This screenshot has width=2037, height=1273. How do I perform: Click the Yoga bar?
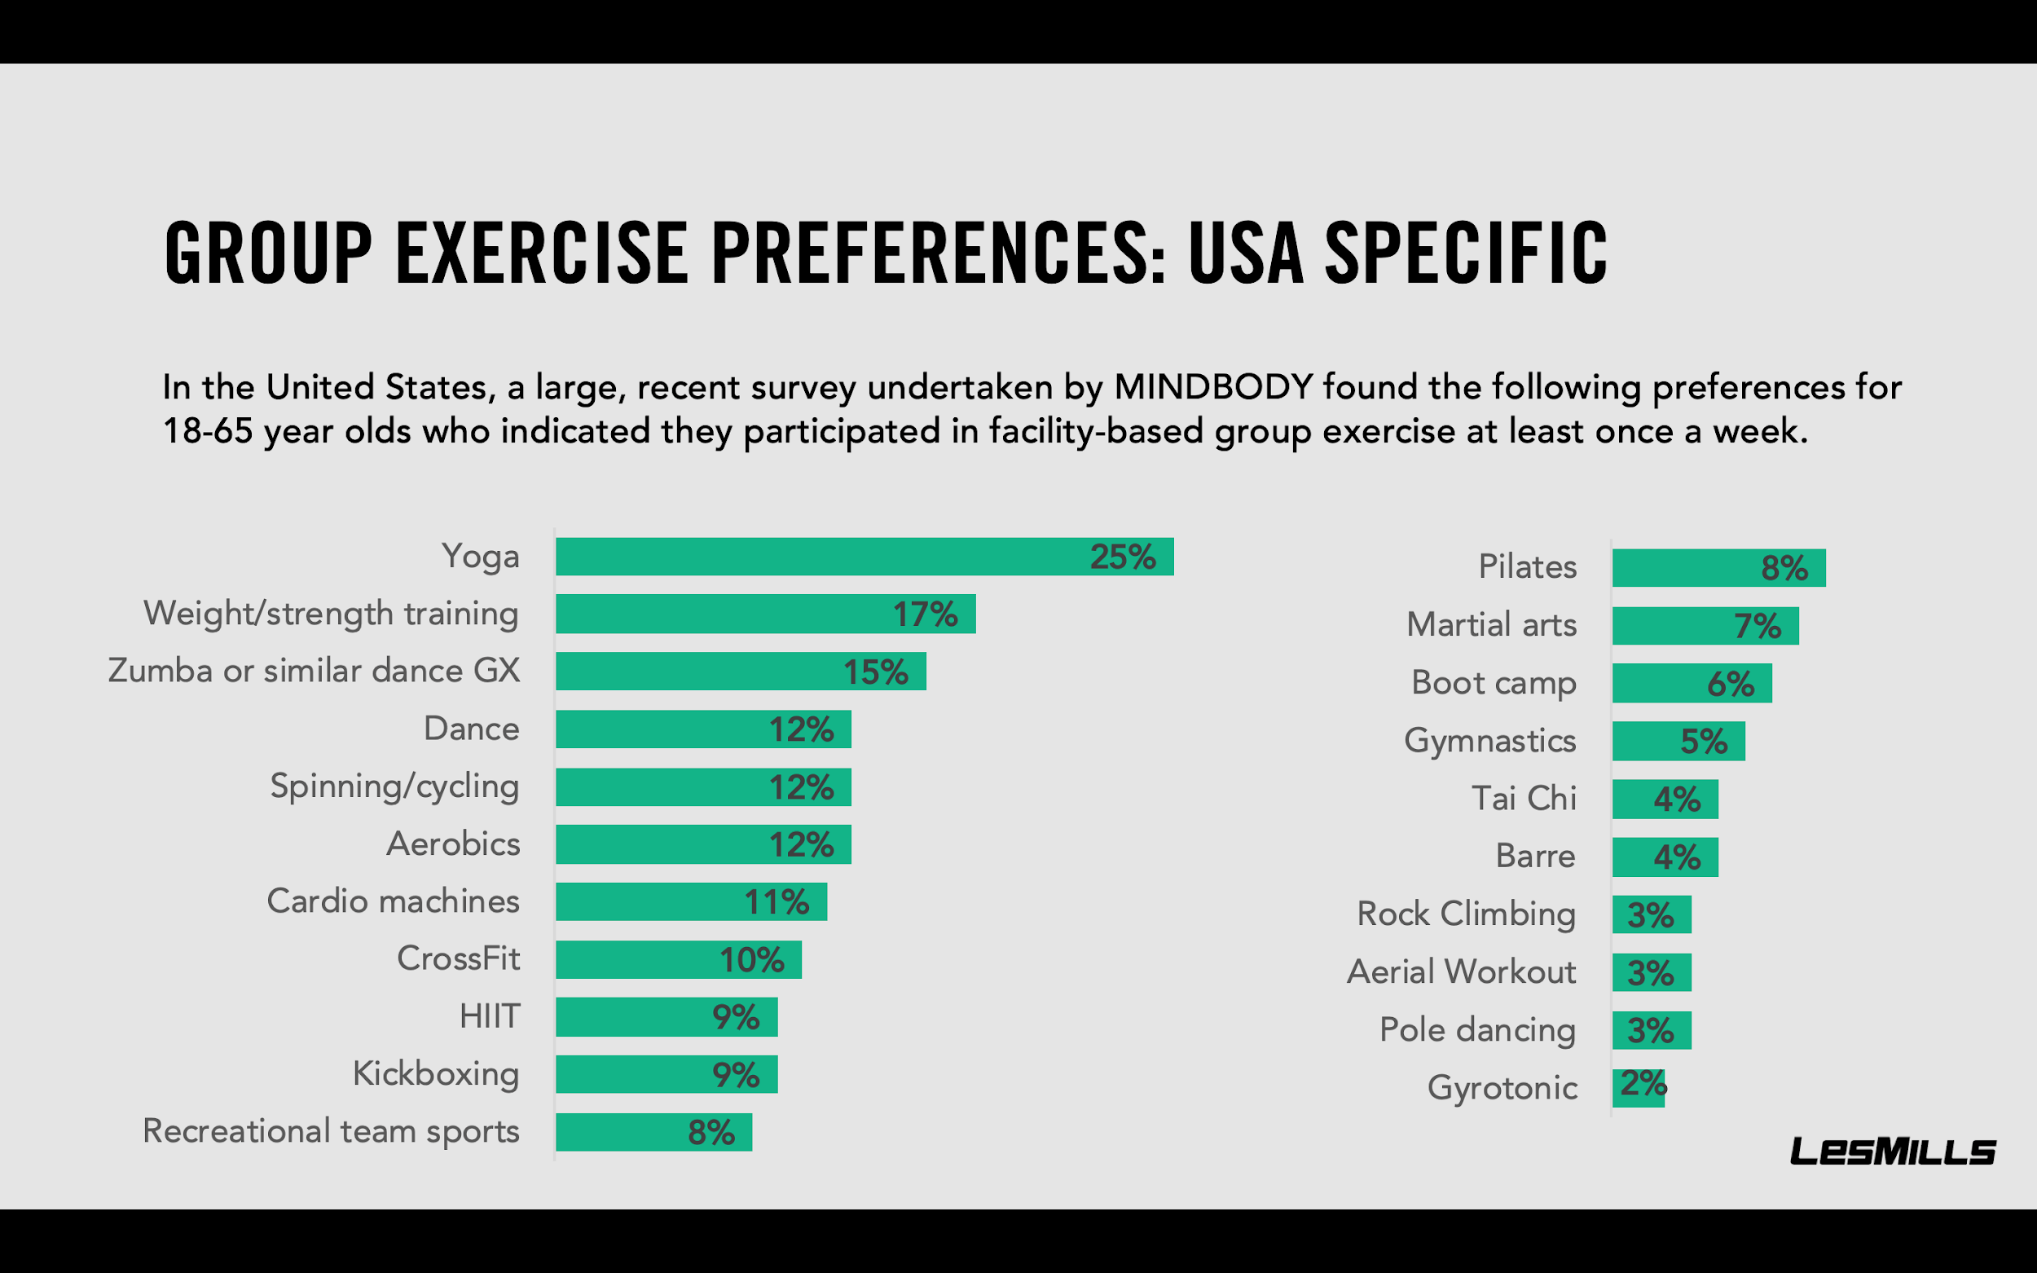coord(864,557)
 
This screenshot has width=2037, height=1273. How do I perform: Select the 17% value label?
coord(924,614)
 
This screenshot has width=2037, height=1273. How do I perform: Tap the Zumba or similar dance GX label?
coord(313,671)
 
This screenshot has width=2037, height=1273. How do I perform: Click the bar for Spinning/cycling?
coord(703,787)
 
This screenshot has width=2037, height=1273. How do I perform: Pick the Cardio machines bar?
coord(690,901)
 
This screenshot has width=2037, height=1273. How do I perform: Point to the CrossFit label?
coord(458,959)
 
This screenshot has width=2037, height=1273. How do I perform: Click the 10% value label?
coord(750,960)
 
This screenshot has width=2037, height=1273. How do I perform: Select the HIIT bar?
coord(666,1017)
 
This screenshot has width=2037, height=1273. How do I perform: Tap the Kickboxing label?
coord(435,1074)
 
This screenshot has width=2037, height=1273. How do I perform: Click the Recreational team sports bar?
coord(653,1132)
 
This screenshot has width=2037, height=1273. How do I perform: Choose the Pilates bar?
coord(1718,567)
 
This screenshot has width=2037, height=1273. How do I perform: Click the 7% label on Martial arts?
coord(1757,627)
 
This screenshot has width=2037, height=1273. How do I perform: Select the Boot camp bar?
coord(1691,684)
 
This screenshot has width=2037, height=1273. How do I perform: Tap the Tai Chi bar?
coord(1664,799)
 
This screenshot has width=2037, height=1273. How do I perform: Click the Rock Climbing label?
coord(1466,914)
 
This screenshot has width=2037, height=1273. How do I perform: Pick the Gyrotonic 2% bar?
coord(1638,1087)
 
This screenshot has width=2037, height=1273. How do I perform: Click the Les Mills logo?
coord(1891,1151)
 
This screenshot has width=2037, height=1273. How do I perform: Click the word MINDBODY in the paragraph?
coord(1213,387)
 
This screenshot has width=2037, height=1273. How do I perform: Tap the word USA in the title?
coord(1246,253)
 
